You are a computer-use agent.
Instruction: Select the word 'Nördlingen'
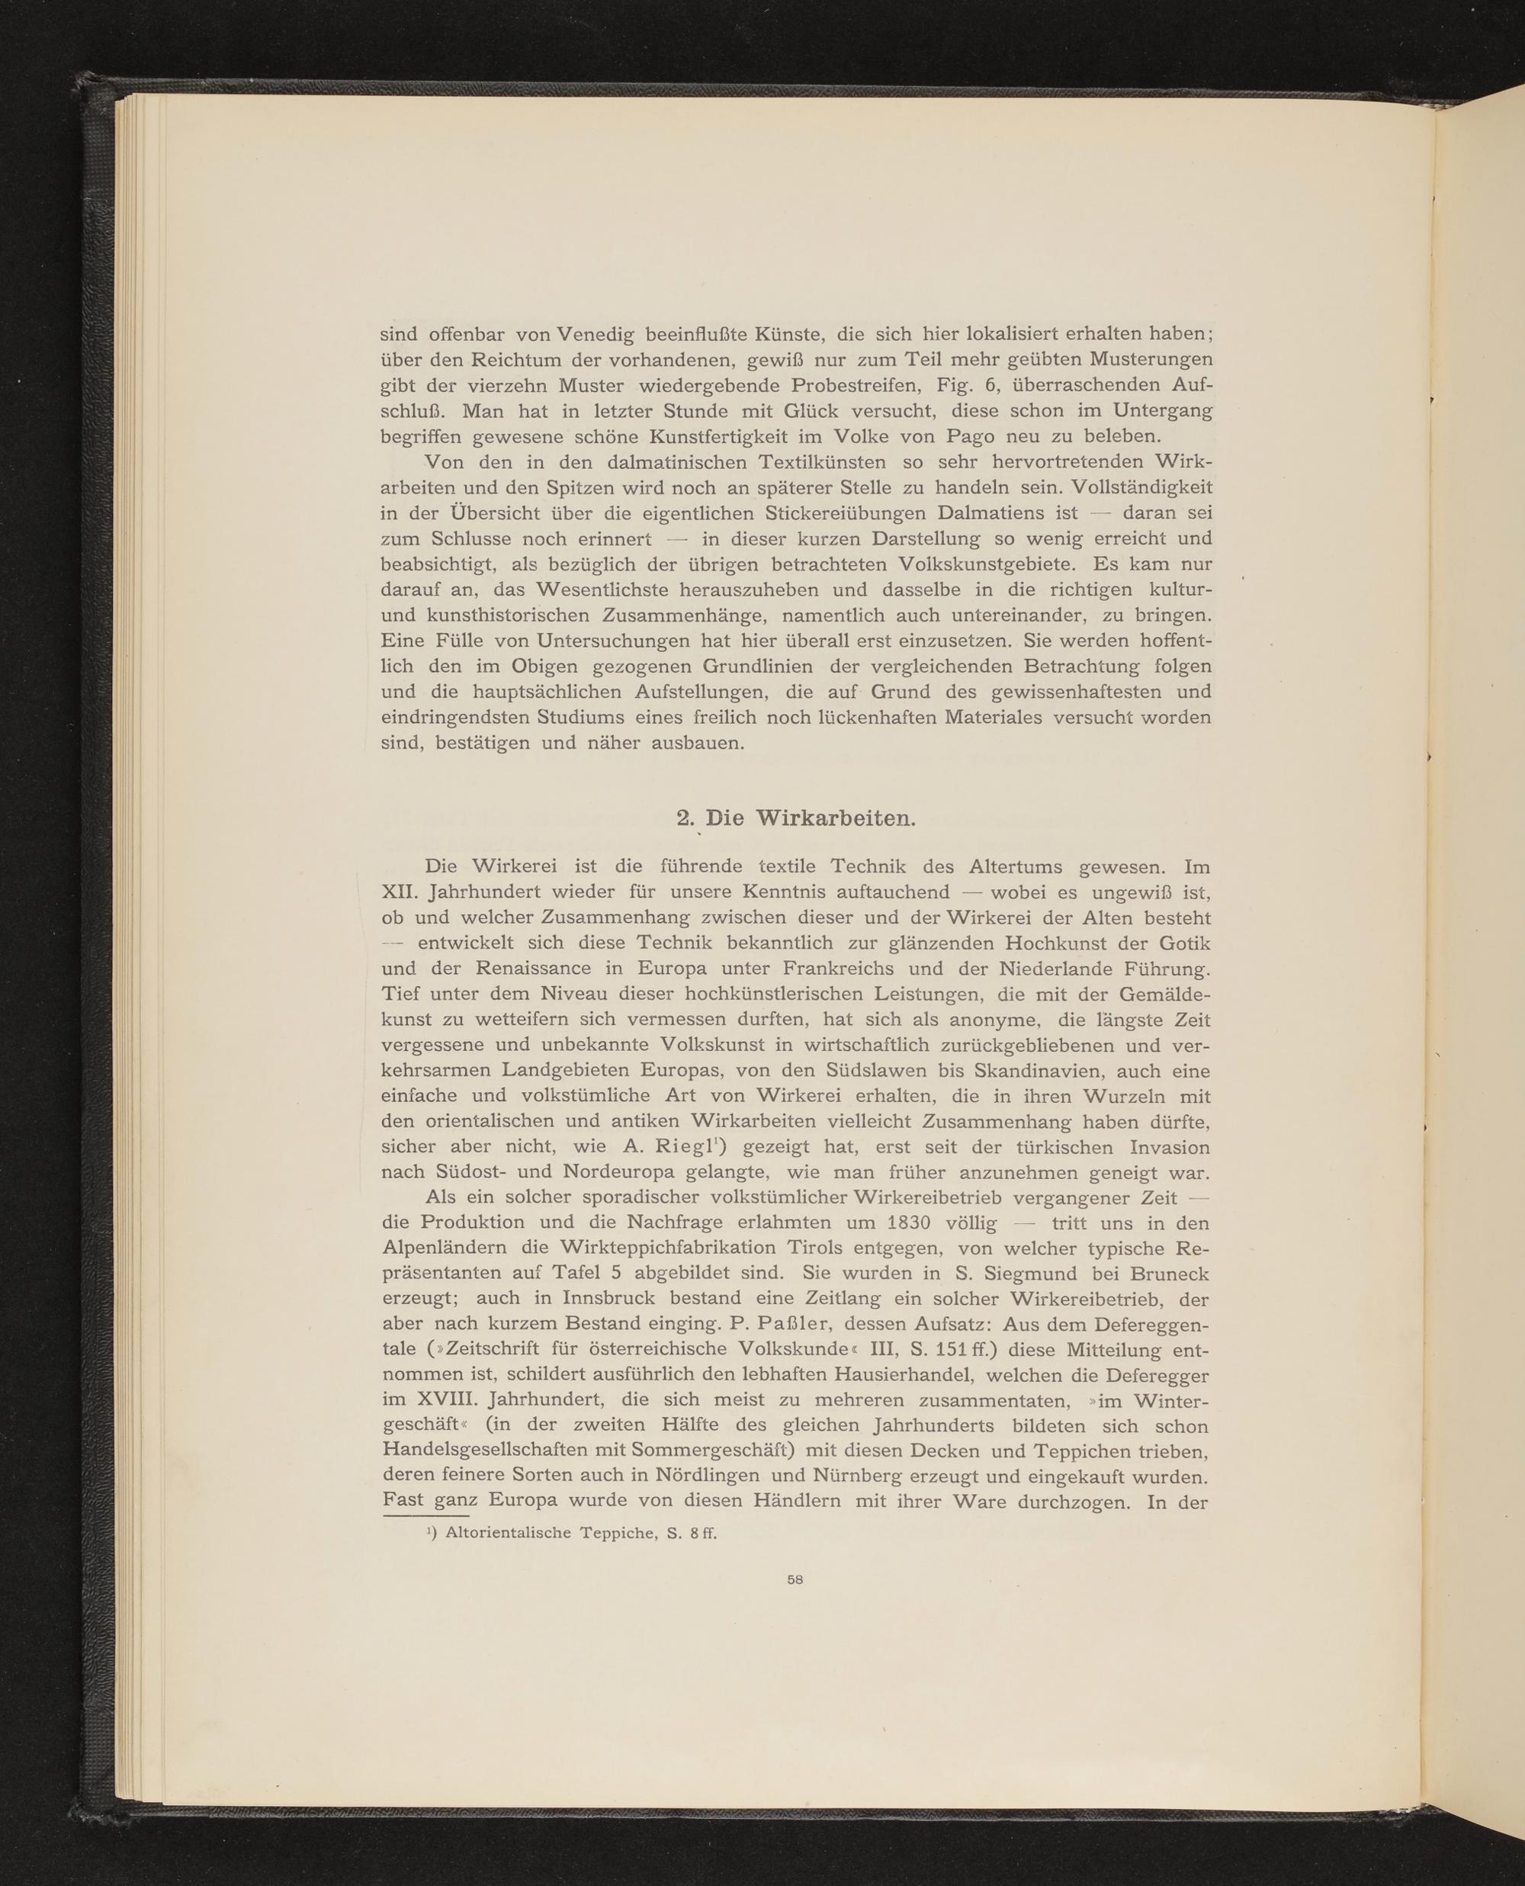point(700,1476)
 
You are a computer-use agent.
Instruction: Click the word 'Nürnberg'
point(849,1476)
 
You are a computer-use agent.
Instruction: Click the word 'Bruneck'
point(1170,1273)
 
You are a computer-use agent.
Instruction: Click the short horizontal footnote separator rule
point(426,1515)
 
